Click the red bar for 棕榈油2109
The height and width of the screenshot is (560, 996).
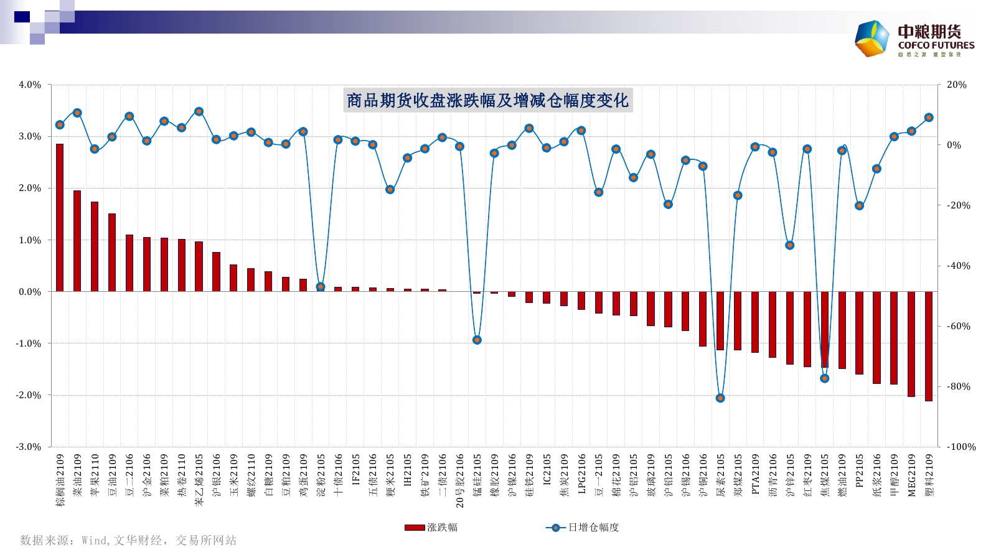point(60,218)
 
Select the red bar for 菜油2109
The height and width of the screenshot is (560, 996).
point(77,241)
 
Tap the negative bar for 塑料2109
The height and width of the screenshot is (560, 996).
point(929,346)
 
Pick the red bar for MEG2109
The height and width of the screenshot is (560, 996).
point(911,343)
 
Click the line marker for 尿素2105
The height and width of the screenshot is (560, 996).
point(720,398)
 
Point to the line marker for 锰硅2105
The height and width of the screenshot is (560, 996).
point(477,340)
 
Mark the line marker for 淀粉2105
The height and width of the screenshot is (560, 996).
point(321,287)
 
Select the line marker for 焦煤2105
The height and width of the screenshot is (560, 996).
point(825,378)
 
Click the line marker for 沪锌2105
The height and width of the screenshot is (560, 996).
point(790,245)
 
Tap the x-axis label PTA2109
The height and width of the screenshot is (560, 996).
point(756,474)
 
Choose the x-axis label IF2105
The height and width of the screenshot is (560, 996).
point(356,469)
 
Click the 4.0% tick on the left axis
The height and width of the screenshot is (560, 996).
point(30,85)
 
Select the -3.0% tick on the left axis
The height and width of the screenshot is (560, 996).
point(29,447)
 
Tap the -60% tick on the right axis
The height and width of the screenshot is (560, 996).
point(959,326)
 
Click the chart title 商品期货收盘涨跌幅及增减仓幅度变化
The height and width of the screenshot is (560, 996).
point(487,100)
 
